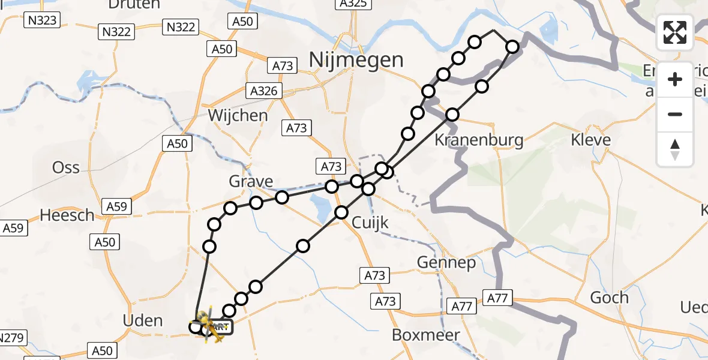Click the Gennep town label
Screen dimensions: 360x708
click(x=446, y=262)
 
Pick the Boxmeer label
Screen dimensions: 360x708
click(x=426, y=335)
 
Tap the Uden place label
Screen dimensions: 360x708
click(x=142, y=320)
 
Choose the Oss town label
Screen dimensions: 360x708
click(x=66, y=167)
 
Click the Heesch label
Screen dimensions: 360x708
click(x=67, y=214)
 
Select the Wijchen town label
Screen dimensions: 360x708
click(x=238, y=115)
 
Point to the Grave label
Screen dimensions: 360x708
click(x=251, y=181)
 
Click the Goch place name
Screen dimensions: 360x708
click(x=610, y=297)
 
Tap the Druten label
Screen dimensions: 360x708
click(x=134, y=5)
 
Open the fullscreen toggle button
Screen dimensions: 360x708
click(x=675, y=32)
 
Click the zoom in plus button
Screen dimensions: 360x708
click(x=675, y=79)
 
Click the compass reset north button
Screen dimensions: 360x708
click(x=675, y=149)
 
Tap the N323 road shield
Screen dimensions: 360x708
click(x=42, y=21)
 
